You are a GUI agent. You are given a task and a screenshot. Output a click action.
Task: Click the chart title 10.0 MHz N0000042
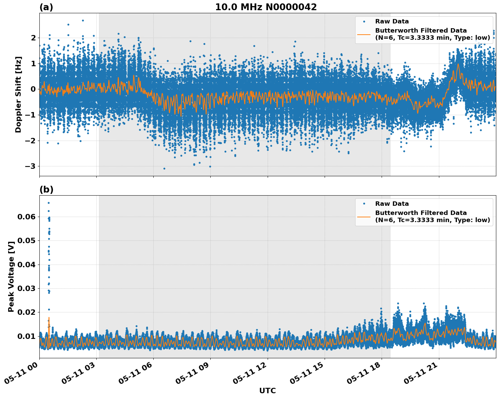[x=266, y=7]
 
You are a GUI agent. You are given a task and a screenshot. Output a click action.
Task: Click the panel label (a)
[x=46, y=7]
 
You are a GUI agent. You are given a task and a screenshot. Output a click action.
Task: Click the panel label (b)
[x=46, y=189]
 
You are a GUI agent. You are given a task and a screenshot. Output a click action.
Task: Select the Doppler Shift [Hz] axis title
[x=18, y=94]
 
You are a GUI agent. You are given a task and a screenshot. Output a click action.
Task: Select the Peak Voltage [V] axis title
[x=11, y=276]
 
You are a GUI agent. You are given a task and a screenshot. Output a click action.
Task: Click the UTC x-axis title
[x=267, y=391]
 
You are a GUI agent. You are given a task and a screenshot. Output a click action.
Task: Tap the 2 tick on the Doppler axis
[x=33, y=38]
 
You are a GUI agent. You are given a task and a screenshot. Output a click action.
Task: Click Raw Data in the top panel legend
[x=392, y=21]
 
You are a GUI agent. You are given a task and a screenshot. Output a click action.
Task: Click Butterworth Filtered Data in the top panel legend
[x=421, y=31]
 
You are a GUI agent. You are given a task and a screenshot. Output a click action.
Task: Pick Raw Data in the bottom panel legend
[x=392, y=204]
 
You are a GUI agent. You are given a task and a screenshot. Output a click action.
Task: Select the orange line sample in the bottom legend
[x=364, y=216]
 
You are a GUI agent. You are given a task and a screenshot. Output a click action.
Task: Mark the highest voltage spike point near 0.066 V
[x=49, y=203]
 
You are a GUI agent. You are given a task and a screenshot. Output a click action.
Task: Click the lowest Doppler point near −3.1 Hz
[x=164, y=168]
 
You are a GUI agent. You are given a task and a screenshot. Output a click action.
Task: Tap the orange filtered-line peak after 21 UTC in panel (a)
[x=458, y=64]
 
